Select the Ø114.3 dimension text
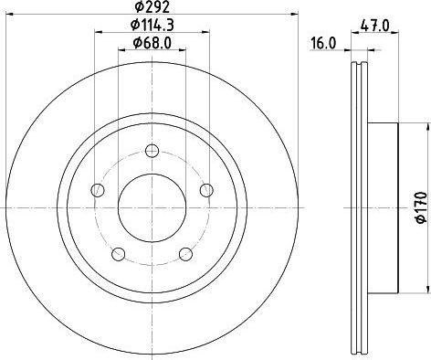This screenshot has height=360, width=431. coord(152,25)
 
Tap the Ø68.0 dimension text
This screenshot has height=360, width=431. coord(152,41)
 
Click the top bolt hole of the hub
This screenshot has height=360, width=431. coord(152,149)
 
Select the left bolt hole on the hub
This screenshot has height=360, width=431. coord(97,190)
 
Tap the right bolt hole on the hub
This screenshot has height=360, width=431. coord(207,190)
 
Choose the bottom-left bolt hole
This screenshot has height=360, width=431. coord(119,253)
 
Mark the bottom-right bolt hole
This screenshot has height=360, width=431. coord(186,253)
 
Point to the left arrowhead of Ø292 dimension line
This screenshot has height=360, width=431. coord(9,15)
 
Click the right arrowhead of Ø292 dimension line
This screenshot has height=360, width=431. coord(296,15)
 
